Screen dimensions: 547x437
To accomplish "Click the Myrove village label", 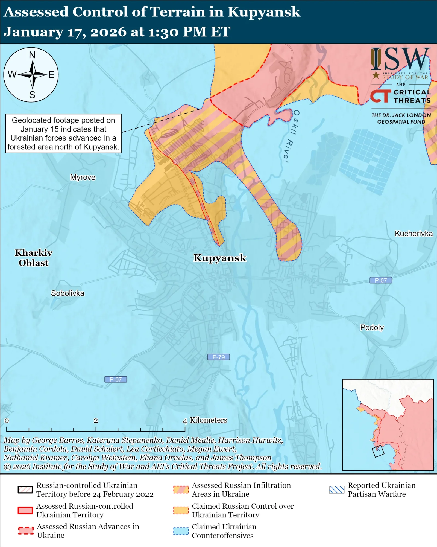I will click(83, 177).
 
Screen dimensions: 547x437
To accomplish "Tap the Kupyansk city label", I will click(220, 258).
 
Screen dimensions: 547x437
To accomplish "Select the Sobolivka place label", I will click(68, 293).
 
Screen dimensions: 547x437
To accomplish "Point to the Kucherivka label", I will click(413, 234).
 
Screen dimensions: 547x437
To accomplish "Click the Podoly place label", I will click(372, 327).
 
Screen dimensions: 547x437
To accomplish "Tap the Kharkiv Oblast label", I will click(33, 258).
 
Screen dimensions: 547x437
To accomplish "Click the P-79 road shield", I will click(218, 357).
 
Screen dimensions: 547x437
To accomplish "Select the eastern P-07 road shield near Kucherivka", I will click(380, 280).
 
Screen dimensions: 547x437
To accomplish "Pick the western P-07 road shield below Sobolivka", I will click(115, 379).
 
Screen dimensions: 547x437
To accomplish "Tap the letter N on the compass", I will click(32, 55).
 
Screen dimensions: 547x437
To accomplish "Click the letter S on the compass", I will click(32, 95).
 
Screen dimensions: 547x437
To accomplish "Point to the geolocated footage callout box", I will click(63, 133).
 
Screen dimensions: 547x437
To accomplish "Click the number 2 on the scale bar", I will click(96, 421).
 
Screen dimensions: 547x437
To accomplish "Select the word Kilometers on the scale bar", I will click(208, 420).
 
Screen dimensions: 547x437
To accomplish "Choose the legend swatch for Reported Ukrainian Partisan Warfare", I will click(336, 490).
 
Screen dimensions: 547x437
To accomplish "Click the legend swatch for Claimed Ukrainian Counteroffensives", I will click(181, 531).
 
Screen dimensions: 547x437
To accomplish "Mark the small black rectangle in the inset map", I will click(378, 451).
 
